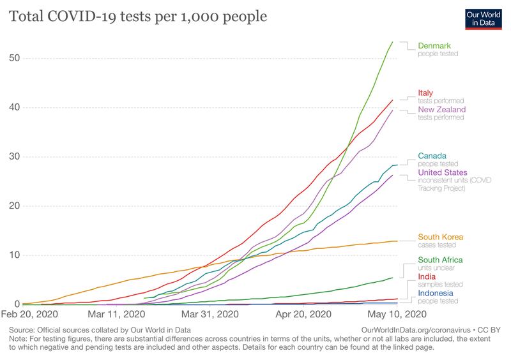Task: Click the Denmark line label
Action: pyautogui.click(x=434, y=45)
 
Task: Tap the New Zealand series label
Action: pyautogui.click(x=442, y=110)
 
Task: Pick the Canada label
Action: pyautogui.click(x=432, y=156)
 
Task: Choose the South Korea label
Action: pyautogui.click(x=441, y=237)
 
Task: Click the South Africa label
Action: pyautogui.click(x=441, y=260)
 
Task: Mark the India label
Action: pyautogui.click(x=427, y=277)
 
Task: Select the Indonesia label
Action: pyautogui.click(x=438, y=293)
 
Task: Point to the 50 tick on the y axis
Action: pyautogui.click(x=14, y=58)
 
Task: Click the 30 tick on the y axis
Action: pyautogui.click(x=14, y=157)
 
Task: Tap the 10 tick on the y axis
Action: pyautogui.click(x=14, y=255)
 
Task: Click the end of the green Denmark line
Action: pyautogui.click(x=392, y=42)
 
